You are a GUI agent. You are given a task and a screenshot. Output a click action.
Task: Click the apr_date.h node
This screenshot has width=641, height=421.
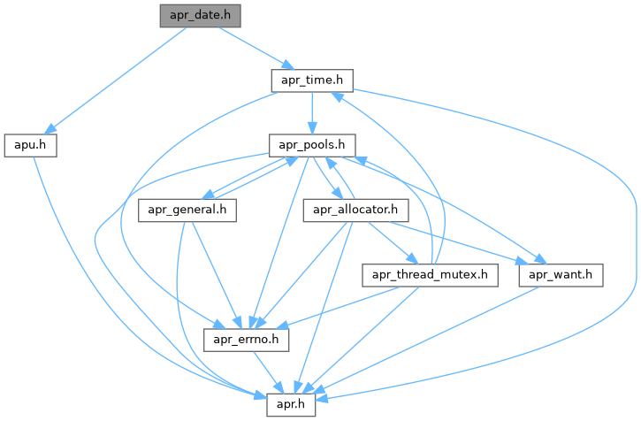click(199, 16)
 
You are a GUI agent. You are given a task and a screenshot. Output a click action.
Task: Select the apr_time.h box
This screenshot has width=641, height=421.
click(312, 80)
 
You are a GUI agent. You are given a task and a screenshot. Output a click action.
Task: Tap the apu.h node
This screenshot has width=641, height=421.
click(31, 144)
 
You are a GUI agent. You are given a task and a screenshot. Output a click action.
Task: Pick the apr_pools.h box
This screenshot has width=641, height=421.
click(312, 144)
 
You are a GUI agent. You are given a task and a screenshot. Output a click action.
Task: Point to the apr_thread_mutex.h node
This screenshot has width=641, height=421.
click(430, 275)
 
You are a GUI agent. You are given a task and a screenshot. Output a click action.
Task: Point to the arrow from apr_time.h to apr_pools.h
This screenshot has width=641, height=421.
click(312, 112)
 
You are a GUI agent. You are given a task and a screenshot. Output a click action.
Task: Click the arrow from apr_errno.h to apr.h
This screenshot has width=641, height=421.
click(270, 371)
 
